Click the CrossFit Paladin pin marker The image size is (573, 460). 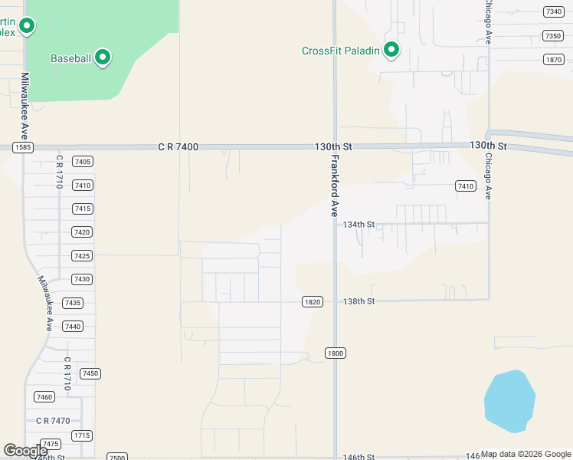[391, 51]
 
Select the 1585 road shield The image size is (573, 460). [21, 146]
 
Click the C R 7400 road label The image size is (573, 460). [178, 146]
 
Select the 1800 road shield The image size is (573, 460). [335, 353]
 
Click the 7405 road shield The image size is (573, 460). [82, 162]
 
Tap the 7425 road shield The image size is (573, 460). [82, 255]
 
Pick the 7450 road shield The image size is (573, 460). [90, 373]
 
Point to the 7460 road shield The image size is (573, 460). [44, 396]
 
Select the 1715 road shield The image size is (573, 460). [81, 435]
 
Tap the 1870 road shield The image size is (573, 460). [553, 60]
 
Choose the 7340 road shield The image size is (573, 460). [552, 11]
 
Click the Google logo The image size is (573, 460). [26, 451]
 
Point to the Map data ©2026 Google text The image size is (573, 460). [526, 455]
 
